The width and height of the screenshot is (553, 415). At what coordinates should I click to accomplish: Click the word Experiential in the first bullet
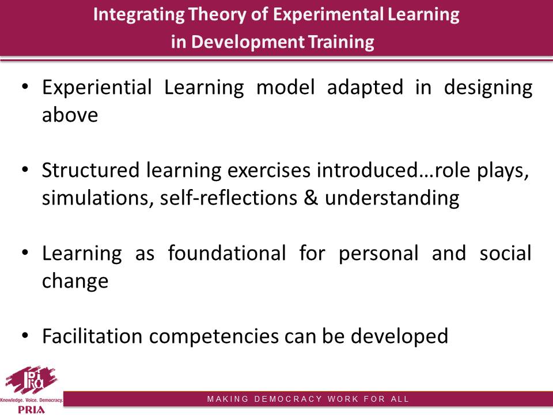[x=97, y=88]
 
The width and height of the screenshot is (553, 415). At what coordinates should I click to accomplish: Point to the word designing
[x=488, y=88]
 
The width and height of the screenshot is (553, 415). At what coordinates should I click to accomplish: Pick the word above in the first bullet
[x=70, y=115]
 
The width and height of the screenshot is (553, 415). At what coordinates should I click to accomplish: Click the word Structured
[x=90, y=170]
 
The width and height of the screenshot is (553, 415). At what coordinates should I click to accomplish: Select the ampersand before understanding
[x=310, y=198]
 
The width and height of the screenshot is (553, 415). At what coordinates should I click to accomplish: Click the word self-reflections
[x=229, y=198]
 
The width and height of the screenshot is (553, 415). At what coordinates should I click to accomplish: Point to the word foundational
[x=227, y=253]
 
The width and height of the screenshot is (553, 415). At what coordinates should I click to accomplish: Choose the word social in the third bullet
[x=505, y=253]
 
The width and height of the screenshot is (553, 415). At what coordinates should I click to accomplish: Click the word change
[x=75, y=281]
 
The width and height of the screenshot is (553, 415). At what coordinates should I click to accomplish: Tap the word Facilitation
[x=92, y=336]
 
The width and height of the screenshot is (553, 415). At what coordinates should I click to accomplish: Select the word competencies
[x=214, y=337]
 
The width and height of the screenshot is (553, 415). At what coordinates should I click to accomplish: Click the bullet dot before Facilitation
[x=25, y=335]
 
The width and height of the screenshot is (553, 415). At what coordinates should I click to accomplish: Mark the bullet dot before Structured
[x=25, y=169]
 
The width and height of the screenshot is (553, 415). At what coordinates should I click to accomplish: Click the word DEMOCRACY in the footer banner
[x=288, y=399]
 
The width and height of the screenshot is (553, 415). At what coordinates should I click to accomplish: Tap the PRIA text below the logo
[x=31, y=410]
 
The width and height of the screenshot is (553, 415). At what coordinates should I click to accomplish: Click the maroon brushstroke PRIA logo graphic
[x=31, y=380]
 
